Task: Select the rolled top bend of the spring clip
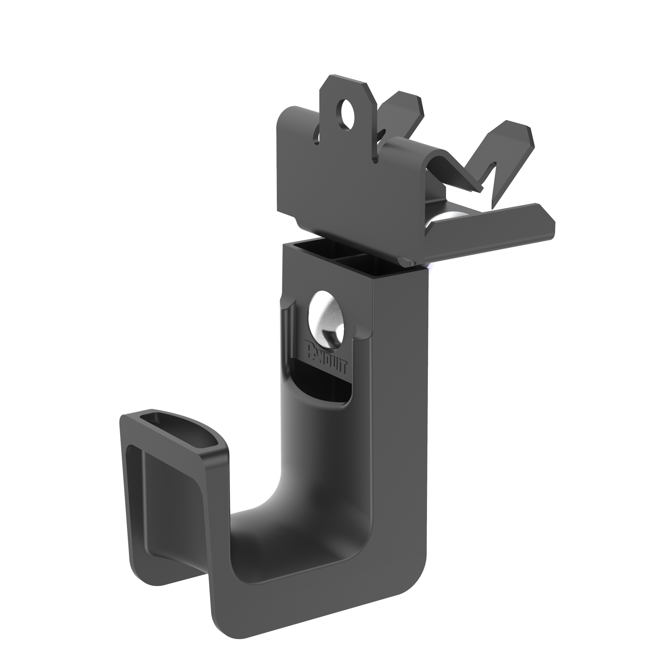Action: [x=413, y=146]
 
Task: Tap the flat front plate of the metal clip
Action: [x=343, y=194]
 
